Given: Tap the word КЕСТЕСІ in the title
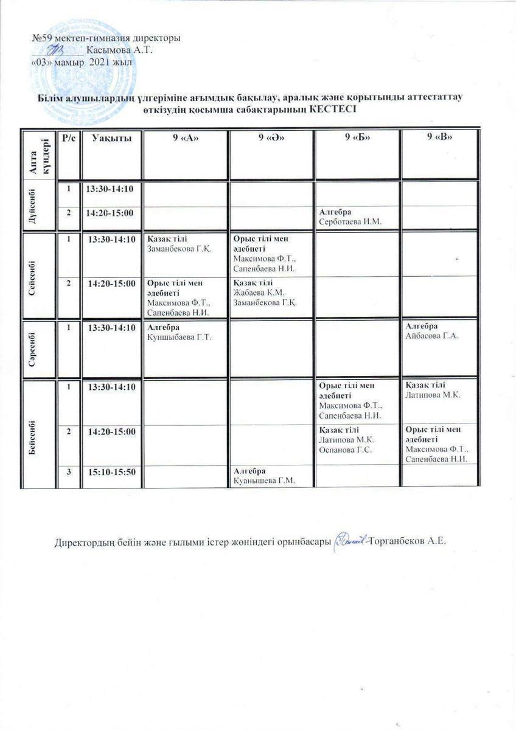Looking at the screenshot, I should click(x=331, y=109).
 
